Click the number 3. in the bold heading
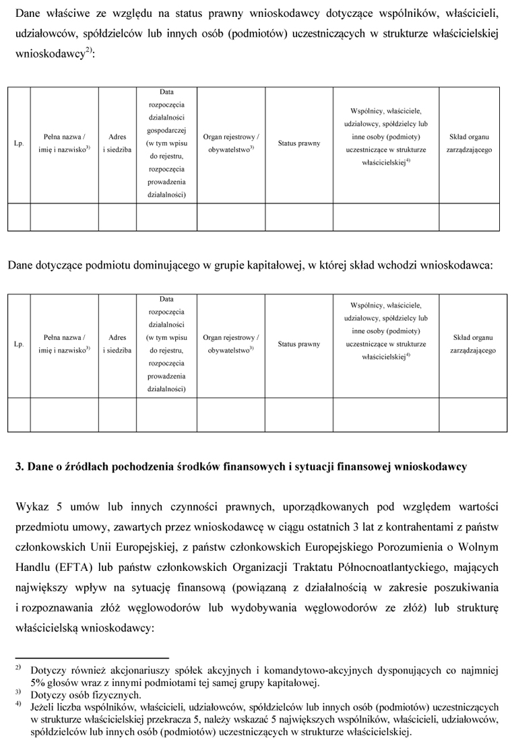click(x=20, y=467)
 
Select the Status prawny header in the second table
click(x=299, y=344)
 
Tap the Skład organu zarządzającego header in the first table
click(x=470, y=143)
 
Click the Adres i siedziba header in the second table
click(x=117, y=344)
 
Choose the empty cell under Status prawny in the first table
click(x=299, y=217)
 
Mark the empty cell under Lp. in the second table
click(x=19, y=414)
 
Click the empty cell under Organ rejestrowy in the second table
click(x=231, y=414)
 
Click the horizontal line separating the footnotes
click(x=92, y=658)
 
